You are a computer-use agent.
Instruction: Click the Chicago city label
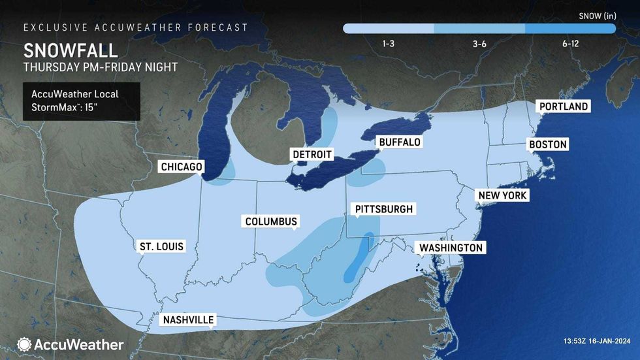(182, 167)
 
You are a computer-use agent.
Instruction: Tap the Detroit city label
(312, 154)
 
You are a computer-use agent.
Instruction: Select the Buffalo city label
(399, 142)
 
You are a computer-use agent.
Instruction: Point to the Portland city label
(562, 106)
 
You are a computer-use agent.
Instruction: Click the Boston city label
(548, 144)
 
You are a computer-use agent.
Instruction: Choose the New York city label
(502, 195)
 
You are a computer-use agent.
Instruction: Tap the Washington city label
(451, 248)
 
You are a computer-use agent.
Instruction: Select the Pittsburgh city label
(383, 209)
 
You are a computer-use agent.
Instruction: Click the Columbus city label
(271, 221)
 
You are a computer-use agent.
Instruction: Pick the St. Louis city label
(161, 246)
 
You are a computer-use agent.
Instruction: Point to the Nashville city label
(189, 319)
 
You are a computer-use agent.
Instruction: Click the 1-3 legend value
(388, 44)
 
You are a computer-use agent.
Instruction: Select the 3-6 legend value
(479, 44)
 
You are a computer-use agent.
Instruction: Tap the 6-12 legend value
(570, 44)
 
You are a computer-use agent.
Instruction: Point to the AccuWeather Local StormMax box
(81, 101)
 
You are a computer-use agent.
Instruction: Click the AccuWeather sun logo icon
(24, 344)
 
